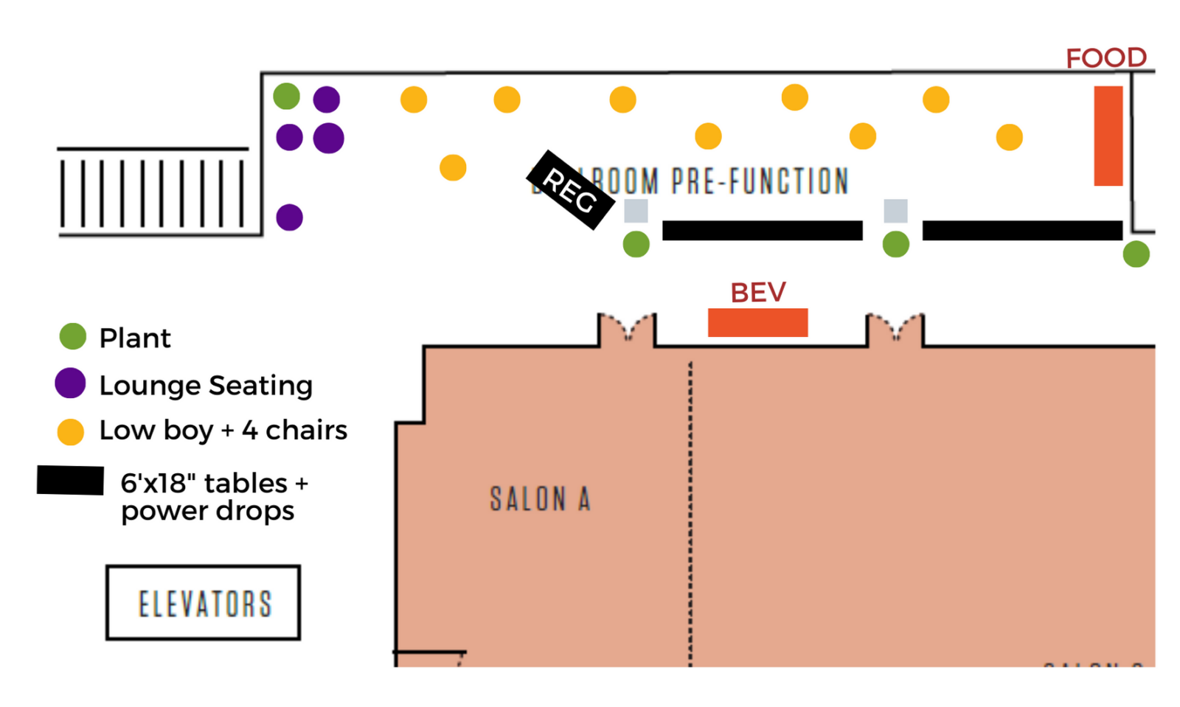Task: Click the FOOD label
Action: coord(1106,58)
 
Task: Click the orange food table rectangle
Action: coord(1108,136)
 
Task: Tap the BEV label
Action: coord(757,293)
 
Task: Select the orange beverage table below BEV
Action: coord(757,322)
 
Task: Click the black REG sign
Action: coord(570,190)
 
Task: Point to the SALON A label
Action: coord(540,499)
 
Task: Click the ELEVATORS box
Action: coord(204,602)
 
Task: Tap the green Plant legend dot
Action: coord(73,336)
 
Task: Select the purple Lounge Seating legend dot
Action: coord(71,383)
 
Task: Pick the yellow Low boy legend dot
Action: coord(71,431)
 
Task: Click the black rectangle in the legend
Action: coord(70,480)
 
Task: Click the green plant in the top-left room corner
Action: coord(286,96)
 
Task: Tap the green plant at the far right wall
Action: coord(1136,254)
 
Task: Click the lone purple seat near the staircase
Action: coord(289,217)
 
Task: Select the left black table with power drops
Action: coord(762,230)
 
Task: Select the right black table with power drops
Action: coord(1022,230)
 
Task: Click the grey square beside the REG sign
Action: coord(636,211)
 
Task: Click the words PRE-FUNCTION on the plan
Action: coord(760,181)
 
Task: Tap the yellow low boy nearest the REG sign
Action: coord(453,167)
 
